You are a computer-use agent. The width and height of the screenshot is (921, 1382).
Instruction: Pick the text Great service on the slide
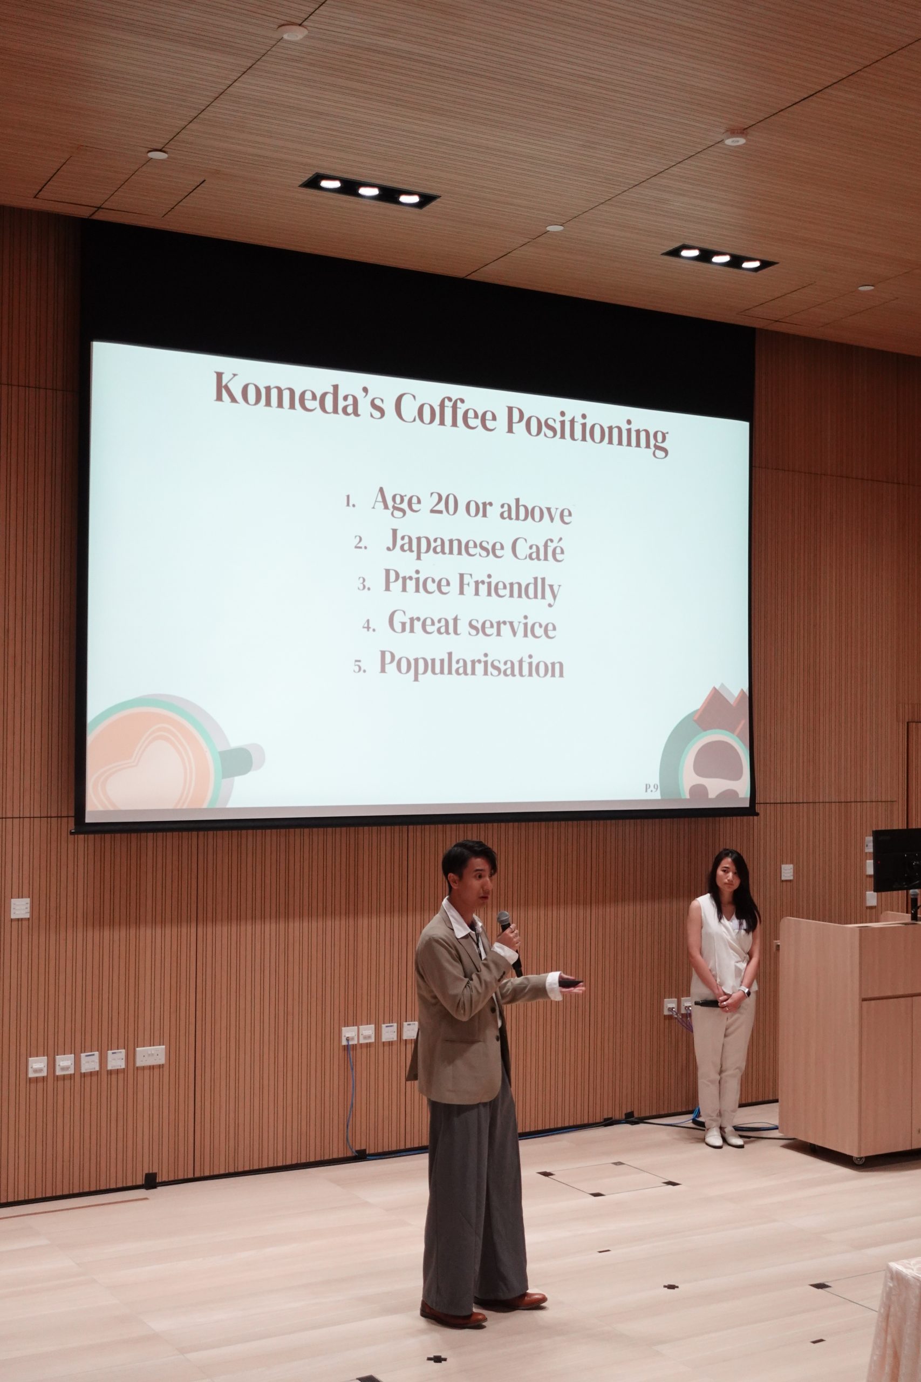tap(472, 624)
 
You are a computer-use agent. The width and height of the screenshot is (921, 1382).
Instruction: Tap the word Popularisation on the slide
tap(471, 665)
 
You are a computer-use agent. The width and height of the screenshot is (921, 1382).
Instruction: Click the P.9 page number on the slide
tap(651, 788)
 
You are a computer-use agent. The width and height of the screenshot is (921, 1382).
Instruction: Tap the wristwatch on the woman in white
tap(745, 992)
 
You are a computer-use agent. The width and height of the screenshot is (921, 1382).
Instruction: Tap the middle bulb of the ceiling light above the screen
tap(369, 191)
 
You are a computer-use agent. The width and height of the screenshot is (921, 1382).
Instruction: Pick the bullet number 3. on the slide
tap(364, 584)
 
